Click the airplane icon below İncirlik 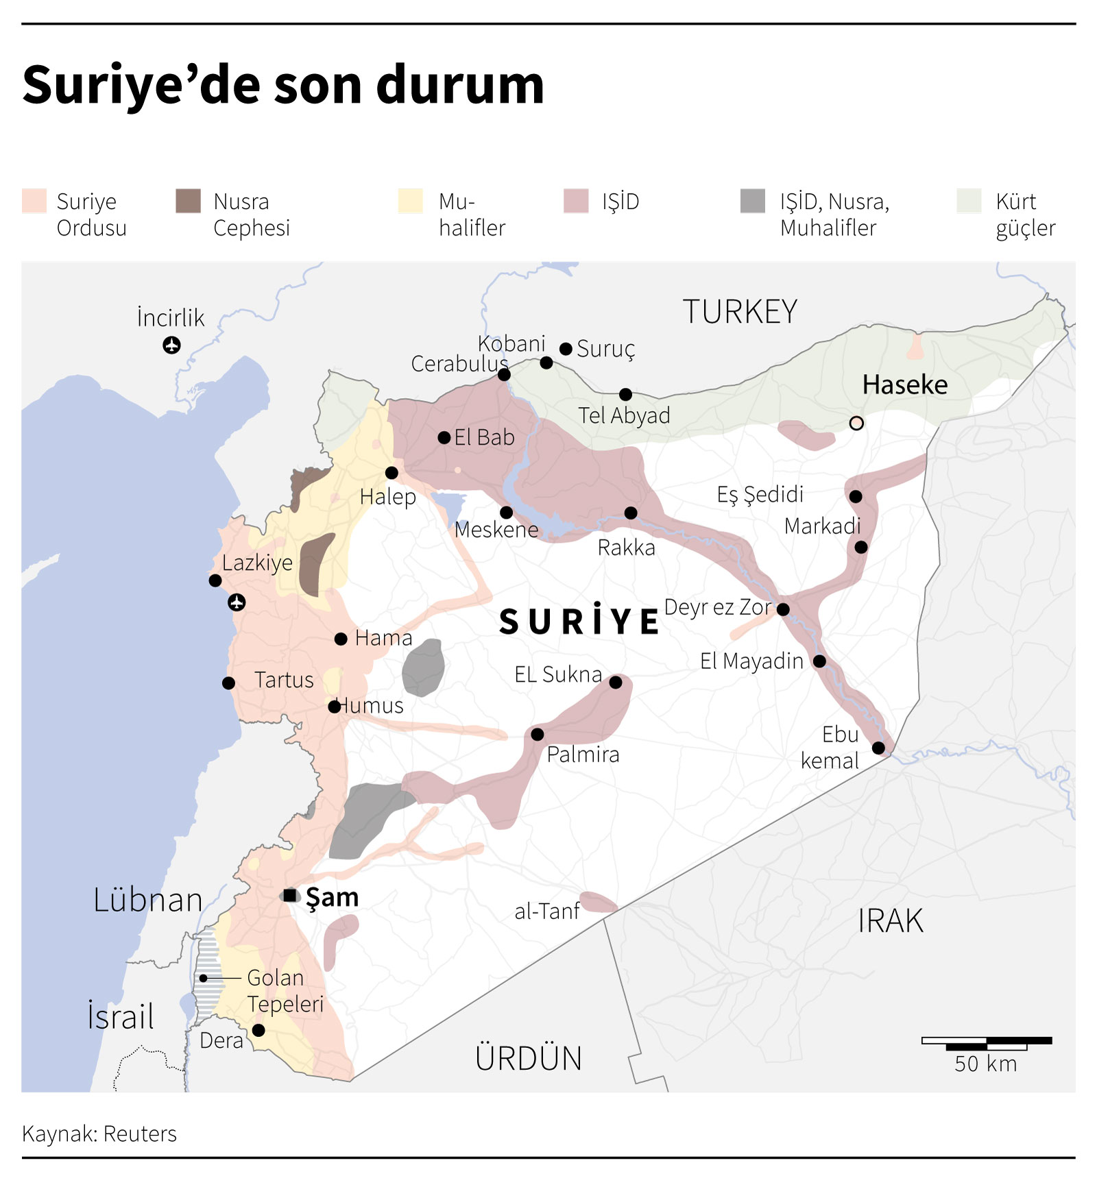click(171, 345)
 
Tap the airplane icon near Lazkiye click(237, 602)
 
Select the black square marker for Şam click(290, 895)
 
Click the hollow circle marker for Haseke click(856, 423)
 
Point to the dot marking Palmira click(538, 735)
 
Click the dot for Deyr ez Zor click(783, 609)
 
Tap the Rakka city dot click(631, 513)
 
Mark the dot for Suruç click(566, 349)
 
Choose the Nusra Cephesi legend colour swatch click(188, 201)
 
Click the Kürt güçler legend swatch click(969, 201)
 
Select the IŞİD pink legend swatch click(576, 201)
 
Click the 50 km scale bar click(986, 1044)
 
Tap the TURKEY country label click(740, 312)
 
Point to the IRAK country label click(890, 921)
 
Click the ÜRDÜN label click(528, 1058)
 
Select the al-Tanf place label click(546, 911)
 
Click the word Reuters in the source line click(140, 1134)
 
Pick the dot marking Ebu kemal click(878, 748)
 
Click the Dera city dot click(258, 1030)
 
